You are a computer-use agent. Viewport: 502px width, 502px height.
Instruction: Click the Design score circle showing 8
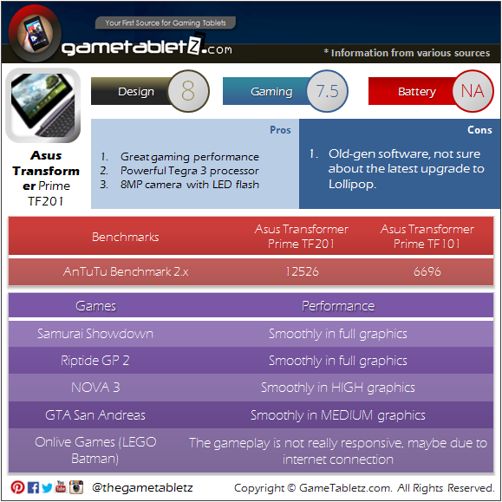coord(188,91)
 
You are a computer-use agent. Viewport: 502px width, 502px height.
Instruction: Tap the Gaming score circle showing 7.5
coord(327,91)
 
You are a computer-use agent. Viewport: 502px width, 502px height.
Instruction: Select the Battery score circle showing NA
coord(473,91)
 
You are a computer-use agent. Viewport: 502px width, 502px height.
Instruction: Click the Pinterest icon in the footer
coord(17,487)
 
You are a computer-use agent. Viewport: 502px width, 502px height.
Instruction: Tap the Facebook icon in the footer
coord(33,487)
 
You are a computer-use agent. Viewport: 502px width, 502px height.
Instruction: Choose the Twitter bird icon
coord(47,488)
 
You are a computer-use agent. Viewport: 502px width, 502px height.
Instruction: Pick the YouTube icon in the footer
coord(61,486)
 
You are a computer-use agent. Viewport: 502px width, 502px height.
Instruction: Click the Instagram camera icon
coord(76,487)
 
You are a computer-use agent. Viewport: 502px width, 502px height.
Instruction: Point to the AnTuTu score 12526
coord(302,271)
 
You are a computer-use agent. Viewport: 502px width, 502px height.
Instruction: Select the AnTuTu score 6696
coord(427,271)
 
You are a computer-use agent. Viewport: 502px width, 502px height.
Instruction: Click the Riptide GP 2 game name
coord(95,361)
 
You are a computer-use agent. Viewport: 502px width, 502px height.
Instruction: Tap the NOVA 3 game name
coord(95,388)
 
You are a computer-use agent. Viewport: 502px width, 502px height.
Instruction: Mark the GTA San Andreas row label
coord(95,415)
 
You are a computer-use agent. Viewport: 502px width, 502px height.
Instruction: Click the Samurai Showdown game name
coord(95,334)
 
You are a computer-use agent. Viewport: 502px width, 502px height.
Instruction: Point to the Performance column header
coord(338,306)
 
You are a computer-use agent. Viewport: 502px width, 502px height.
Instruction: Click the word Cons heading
coord(479,130)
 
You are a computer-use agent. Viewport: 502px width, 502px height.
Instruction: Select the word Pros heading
coord(280,130)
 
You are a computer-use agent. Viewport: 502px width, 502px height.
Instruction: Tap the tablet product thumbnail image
coord(42,105)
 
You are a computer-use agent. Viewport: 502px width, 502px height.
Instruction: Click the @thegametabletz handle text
coord(142,487)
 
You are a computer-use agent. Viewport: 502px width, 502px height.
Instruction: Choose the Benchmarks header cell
coord(125,237)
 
